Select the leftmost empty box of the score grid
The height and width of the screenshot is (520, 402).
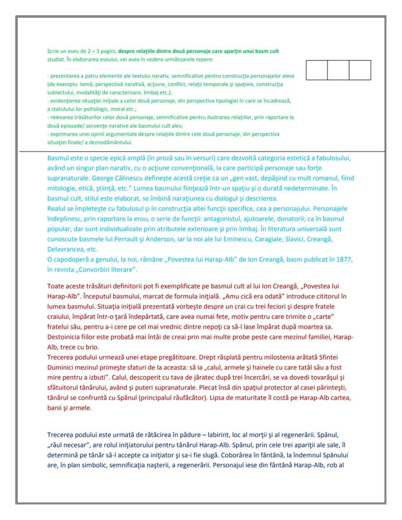(317, 70)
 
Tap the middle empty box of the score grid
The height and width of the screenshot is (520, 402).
(338, 70)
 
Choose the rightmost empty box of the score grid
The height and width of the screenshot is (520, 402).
(360, 70)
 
